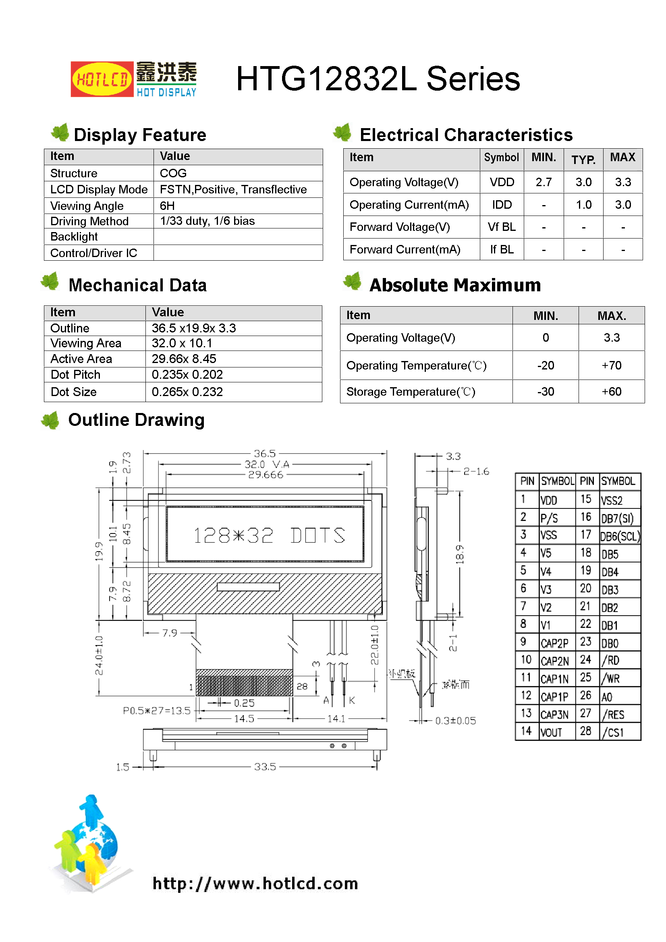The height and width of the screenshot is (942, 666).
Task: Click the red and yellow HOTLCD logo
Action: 102,79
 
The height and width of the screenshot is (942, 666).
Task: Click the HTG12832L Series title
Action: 378,79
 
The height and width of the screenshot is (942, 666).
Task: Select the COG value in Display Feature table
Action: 173,173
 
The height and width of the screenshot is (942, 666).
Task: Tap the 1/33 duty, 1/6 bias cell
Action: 207,221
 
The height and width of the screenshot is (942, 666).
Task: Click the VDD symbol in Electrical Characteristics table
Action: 502,182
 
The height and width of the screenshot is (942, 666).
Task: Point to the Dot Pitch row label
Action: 75,375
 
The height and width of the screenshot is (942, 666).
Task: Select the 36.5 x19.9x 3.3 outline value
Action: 194,328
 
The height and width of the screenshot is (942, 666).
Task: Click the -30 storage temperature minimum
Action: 546,392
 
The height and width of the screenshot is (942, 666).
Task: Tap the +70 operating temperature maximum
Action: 611,365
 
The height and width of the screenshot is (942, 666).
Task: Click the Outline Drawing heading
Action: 136,420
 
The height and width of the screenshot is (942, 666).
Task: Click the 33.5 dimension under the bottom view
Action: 265,766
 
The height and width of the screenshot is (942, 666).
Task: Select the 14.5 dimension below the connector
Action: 244,718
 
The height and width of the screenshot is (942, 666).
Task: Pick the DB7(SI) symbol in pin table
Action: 617,519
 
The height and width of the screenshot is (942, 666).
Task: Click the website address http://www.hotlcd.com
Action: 255,883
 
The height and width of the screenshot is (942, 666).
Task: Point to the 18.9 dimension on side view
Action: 460,554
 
